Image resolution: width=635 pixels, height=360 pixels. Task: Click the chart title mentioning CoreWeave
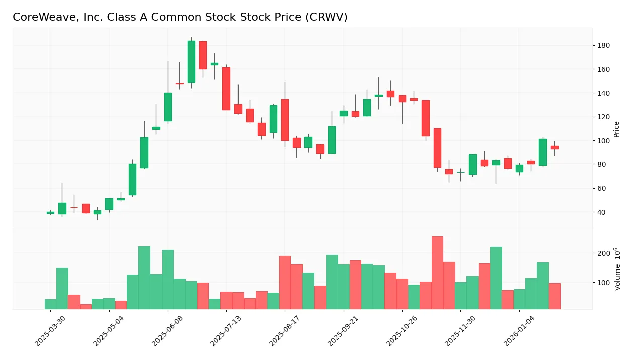(180, 17)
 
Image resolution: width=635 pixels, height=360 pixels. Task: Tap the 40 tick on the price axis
(601, 212)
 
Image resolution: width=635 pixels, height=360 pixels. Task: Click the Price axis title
(616, 129)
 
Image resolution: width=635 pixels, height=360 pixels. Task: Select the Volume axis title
(617, 269)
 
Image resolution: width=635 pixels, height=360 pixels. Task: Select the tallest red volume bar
(437, 273)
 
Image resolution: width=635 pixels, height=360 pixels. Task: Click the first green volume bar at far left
(50, 304)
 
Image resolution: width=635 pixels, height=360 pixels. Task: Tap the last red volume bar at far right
(554, 296)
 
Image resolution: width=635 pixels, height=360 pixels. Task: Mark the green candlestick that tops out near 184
(191, 62)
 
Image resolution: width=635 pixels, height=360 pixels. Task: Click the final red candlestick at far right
(554, 147)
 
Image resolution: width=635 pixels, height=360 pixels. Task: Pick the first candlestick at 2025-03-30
(50, 212)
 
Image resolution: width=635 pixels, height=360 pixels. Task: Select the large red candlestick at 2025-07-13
(226, 88)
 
